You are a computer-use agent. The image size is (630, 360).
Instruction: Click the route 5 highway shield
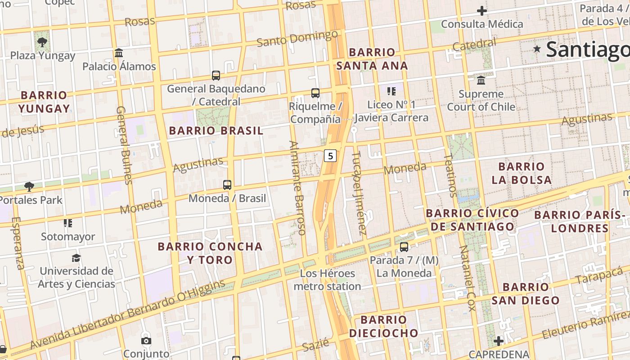pyautogui.click(x=331, y=156)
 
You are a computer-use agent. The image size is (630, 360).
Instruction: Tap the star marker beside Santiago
pyautogui.click(x=537, y=49)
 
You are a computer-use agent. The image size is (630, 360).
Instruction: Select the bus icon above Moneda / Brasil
pyautogui.click(x=227, y=184)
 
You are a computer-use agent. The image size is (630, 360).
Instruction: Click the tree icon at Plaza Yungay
pyautogui.click(x=42, y=43)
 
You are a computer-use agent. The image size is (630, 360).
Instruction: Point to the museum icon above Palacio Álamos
pyautogui.click(x=119, y=53)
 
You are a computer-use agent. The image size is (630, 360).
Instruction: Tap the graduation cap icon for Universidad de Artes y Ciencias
pyautogui.click(x=76, y=258)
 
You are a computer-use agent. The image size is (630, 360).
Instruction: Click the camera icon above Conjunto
pyautogui.click(x=146, y=341)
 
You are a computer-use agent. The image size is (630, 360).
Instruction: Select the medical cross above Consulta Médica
pyautogui.click(x=482, y=11)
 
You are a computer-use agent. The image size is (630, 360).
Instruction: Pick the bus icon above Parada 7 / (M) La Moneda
pyautogui.click(x=404, y=247)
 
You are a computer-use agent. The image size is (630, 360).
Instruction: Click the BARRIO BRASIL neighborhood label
pyautogui.click(x=216, y=131)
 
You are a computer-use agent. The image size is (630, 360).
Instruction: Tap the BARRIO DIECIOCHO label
pyautogui.click(x=383, y=326)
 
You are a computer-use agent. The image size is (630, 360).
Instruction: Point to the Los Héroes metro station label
pyautogui.click(x=327, y=280)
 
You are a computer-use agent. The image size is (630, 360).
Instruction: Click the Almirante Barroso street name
pyautogui.click(x=297, y=188)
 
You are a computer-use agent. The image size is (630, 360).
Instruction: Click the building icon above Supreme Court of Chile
pyautogui.click(x=481, y=81)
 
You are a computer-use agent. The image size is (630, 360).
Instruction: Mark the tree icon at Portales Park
pyautogui.click(x=29, y=186)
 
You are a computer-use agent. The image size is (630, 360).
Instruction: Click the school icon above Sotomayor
pyautogui.click(x=68, y=223)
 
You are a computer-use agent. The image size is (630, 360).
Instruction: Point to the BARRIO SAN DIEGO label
pyautogui.click(x=525, y=293)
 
